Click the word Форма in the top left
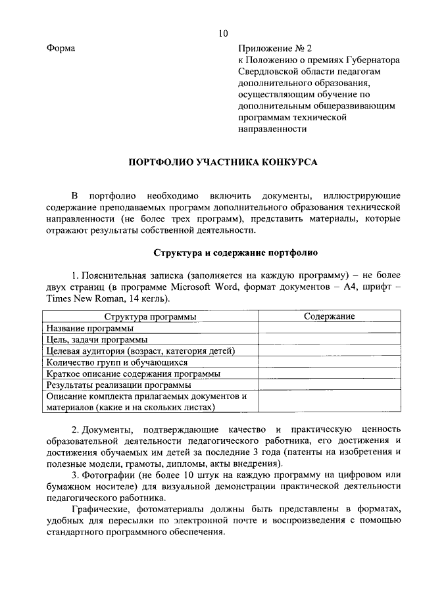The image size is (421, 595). (61, 49)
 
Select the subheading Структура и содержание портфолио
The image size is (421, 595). (235, 252)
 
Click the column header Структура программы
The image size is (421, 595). (150, 316)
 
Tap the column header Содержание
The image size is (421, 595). (329, 316)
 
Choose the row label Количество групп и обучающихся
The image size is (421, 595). (116, 362)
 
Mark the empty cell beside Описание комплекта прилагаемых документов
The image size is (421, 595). (329, 402)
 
